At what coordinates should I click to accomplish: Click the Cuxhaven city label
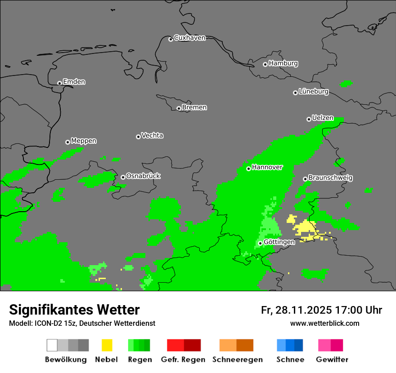[189, 38]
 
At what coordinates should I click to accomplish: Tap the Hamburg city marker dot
[265, 64]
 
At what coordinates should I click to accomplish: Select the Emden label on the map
[74, 82]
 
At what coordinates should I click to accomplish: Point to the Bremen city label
[194, 107]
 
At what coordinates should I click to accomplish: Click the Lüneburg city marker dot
[295, 93]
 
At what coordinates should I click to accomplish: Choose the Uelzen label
[323, 118]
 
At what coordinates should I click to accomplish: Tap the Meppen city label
[84, 141]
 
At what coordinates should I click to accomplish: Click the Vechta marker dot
[138, 137]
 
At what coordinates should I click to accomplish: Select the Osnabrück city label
[143, 176]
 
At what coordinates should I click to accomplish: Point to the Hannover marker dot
[248, 169]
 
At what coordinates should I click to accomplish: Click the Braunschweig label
[330, 178]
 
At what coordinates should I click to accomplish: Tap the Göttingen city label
[279, 242]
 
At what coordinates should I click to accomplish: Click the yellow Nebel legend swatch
[107, 345]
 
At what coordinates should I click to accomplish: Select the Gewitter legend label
[332, 360]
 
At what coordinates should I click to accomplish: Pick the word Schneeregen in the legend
[238, 360]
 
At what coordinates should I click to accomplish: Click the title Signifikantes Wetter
[74, 310]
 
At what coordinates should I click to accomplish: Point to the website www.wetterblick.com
[324, 323]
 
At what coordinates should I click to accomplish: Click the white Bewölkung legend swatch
[52, 345]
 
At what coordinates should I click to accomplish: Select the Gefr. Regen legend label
[183, 360]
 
